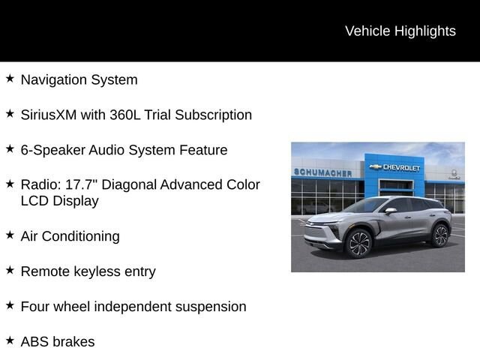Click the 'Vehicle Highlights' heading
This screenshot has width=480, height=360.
[400, 31]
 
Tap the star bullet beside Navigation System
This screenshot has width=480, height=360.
[10, 78]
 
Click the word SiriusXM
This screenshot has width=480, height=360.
[49, 115]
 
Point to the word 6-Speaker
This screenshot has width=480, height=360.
[53, 150]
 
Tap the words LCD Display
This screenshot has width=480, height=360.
[60, 201]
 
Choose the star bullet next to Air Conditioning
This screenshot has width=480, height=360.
[10, 235]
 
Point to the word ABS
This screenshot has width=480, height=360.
[34, 342]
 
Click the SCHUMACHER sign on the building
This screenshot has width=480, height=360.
[322, 172]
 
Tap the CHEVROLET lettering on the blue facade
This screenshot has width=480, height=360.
[401, 167]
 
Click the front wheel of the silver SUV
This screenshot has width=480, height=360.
[358, 243]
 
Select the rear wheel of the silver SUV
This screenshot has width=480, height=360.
[440, 235]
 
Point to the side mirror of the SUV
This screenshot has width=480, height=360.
[391, 211]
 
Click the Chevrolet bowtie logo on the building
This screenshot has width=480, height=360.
[375, 166]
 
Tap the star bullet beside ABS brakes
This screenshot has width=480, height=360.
[10, 340]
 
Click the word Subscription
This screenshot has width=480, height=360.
[213, 115]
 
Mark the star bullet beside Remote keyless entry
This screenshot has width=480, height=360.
[10, 270]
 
